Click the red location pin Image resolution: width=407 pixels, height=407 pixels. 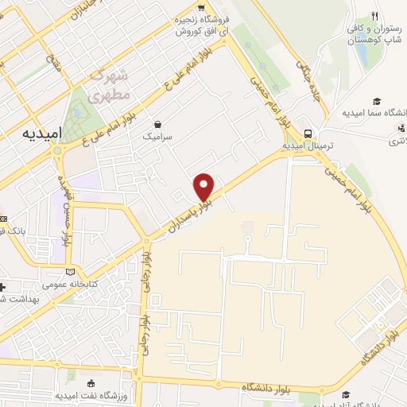204,186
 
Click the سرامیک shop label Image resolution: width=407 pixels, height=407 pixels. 157,137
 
